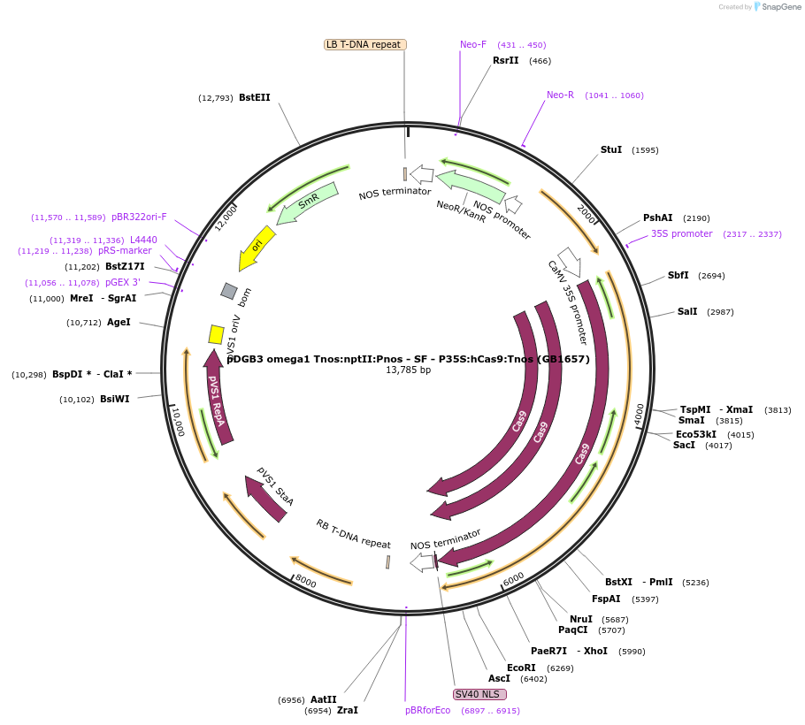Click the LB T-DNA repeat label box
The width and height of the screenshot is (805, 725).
pos(364,44)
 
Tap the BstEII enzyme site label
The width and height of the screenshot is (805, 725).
pos(254,97)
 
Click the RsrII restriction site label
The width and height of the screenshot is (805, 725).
pos(505,60)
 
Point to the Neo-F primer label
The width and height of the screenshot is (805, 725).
pos(473,44)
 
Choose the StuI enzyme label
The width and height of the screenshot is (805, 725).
pos(611,149)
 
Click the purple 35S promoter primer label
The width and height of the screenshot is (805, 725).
pos(681,233)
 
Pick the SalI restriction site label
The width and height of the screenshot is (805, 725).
pos(687,311)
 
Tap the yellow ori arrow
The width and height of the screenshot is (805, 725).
pos(257,248)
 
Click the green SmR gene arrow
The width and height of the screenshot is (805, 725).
pos(307,203)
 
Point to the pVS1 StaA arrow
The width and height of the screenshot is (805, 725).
pos(267,498)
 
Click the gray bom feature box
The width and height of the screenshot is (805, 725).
pos(229,291)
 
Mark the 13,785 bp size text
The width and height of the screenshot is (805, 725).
pos(408,370)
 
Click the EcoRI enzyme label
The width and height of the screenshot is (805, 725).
pos(521,668)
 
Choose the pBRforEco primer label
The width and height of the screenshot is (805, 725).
pos(428,710)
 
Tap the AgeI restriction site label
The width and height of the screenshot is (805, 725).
pos(119,322)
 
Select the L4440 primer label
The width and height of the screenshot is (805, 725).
pos(143,240)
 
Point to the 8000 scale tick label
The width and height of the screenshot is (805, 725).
pos(305,581)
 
